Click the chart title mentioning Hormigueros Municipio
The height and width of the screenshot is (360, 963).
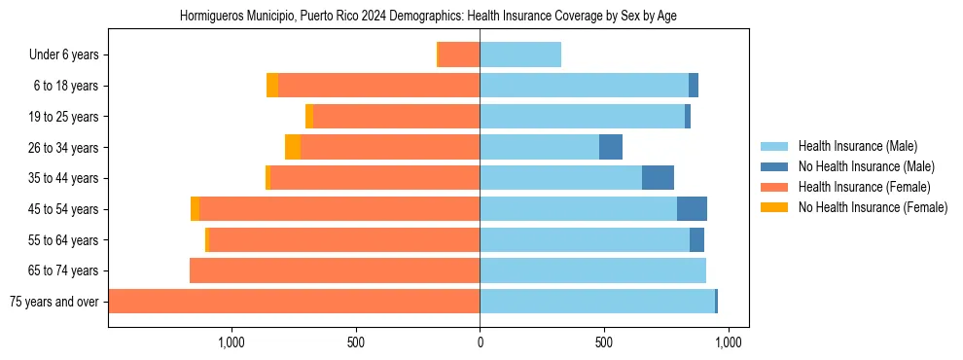pos(428,17)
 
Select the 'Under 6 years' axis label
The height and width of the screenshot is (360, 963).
pos(63,55)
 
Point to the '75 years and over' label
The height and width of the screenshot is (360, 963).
pos(54,302)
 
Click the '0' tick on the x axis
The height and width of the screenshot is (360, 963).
pos(480,342)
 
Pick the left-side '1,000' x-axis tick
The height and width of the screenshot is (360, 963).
pos(232,342)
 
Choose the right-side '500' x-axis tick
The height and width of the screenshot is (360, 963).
pos(604,342)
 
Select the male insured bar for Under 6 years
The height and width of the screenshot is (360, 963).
pos(520,55)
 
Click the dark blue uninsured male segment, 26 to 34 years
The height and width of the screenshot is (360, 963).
pos(611,148)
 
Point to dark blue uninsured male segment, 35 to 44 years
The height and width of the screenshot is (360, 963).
pos(658,178)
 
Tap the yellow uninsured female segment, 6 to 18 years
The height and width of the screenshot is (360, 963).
pos(272,86)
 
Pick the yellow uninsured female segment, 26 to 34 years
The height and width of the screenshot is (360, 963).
pos(293,148)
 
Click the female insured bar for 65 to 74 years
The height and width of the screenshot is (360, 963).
pos(335,270)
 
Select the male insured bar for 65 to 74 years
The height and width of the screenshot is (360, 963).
pos(592,270)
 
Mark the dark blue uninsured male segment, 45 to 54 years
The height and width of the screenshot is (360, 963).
pos(692,209)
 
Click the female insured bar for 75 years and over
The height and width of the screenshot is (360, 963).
pos(294,302)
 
